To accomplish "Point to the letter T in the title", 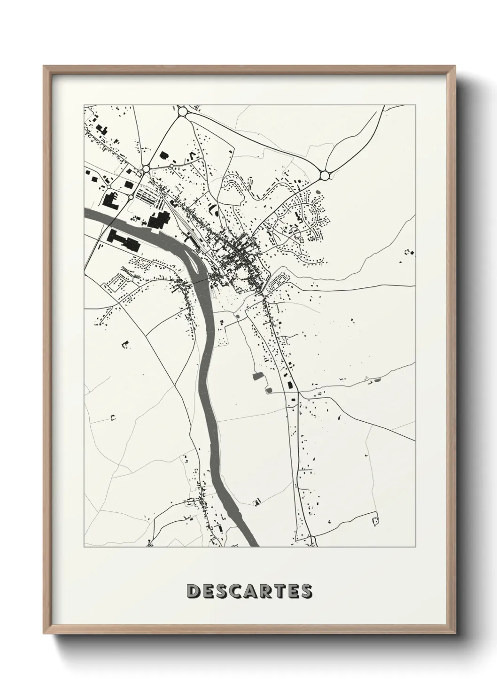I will [x=278, y=591].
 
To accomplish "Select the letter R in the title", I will [x=263, y=591].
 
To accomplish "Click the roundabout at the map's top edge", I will [x=182, y=112].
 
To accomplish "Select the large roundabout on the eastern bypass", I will [x=325, y=176].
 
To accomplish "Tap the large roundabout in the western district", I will [x=146, y=168].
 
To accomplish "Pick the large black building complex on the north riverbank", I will [x=160, y=220].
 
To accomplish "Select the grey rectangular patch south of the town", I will [x=257, y=376].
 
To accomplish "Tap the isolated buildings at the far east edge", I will [x=410, y=253].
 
